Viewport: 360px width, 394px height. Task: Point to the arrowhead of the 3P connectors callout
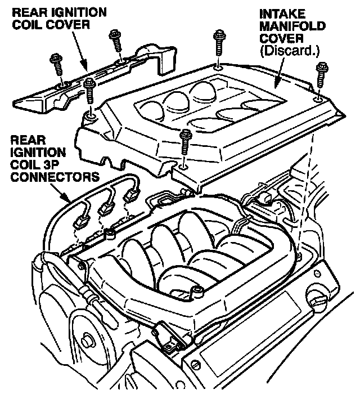71,201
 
